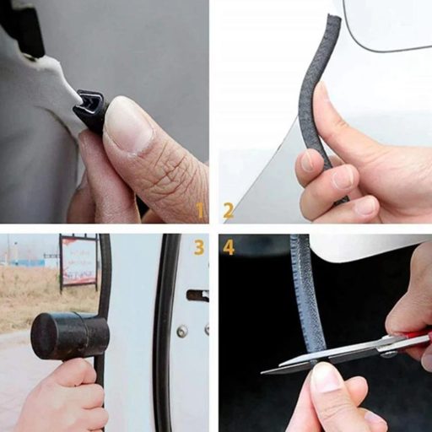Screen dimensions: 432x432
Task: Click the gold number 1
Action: coord(200,211)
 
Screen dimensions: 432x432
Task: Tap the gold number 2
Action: coord(228,211)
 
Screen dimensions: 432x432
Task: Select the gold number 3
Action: coord(199,247)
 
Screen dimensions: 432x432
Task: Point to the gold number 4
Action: coord(229,247)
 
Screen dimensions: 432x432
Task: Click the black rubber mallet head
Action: coord(70,336)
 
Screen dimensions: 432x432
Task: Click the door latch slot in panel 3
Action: coord(197,295)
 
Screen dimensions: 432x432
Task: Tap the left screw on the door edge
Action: coord(182,331)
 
